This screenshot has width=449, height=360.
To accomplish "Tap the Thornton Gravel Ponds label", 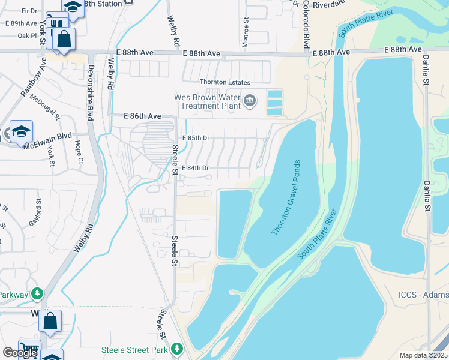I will [285, 198].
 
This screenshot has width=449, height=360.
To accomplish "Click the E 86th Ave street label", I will [142, 115].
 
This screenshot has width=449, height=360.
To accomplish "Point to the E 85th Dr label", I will [195, 137].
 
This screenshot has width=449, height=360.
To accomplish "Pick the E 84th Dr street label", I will [195, 168].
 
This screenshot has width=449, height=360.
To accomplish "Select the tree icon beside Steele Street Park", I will [176, 349].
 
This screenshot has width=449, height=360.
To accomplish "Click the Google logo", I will [20, 353].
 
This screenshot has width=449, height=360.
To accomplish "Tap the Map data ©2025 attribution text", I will [423, 355].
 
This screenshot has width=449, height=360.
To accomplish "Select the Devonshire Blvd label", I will [91, 91].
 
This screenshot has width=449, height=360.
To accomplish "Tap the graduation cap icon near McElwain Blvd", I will [21, 131].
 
